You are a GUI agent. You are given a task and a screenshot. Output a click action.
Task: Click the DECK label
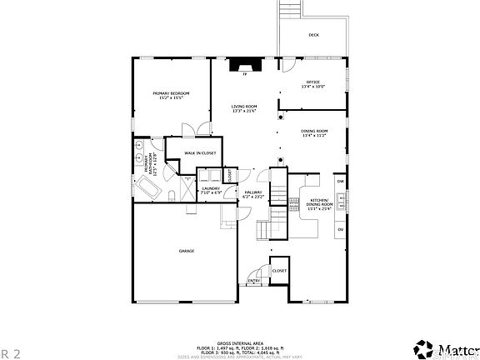click(313, 35)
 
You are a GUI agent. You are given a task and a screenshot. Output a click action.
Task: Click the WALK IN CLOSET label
click(201, 153)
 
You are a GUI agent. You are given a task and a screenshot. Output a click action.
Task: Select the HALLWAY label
click(253, 194)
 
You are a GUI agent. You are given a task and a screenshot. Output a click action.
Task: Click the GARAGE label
click(186, 251)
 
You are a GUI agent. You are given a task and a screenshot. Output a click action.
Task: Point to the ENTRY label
click(253, 281)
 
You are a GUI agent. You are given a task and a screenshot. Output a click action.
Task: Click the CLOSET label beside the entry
click(279, 271)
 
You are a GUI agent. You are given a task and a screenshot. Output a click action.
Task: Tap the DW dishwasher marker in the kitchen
click(340, 181)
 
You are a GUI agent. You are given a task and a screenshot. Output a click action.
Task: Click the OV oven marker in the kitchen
click(340, 229)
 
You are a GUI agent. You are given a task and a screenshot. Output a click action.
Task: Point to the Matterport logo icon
click(425, 346)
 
